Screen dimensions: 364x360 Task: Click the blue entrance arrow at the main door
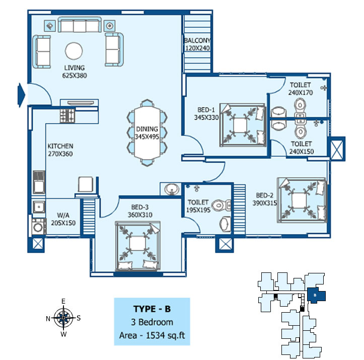pos(21,95)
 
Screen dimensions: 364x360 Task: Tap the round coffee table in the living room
pos(74,51)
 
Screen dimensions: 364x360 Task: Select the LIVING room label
pos(75,68)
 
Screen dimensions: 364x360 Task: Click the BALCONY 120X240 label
pos(197,44)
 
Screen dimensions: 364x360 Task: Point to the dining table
pos(147,133)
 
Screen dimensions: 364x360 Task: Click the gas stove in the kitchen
pos(67,116)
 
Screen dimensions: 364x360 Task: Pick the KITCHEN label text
pos(60,146)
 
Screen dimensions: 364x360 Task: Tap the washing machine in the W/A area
pos(39,227)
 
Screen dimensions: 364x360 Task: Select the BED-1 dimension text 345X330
pos(206,117)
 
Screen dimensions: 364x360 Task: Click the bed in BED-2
pos(302,200)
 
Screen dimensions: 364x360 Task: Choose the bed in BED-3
pos(137,246)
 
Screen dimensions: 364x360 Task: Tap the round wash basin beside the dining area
pos(172,189)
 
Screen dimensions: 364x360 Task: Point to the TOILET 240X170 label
pos(301,89)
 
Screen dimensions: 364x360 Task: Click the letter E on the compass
pos(63,301)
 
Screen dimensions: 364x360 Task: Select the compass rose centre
pos(63,318)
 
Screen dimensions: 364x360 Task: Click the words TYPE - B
pos(152,309)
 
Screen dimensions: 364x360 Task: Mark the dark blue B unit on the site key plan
pos(316,295)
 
